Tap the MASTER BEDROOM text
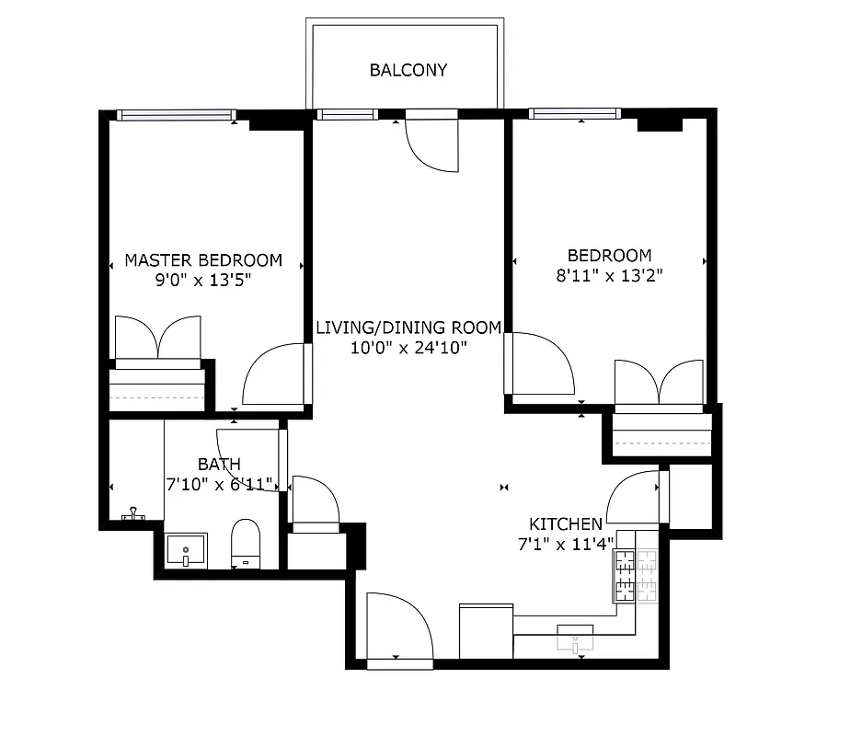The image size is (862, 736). pyautogui.click(x=203, y=260)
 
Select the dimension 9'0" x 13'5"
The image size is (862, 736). pyautogui.click(x=203, y=280)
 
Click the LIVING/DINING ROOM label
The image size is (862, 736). pyautogui.click(x=408, y=328)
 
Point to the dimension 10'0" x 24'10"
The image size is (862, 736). pyautogui.click(x=408, y=347)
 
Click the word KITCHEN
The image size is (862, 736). pyautogui.click(x=566, y=523)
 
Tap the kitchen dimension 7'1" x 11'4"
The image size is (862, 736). pyautogui.click(x=566, y=543)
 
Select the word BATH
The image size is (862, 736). pyautogui.click(x=219, y=465)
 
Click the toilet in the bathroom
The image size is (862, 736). pyautogui.click(x=246, y=544)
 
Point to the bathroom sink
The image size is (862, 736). pyautogui.click(x=186, y=550)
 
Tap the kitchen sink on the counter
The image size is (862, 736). pyautogui.click(x=576, y=637)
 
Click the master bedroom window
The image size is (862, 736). pyautogui.click(x=175, y=115)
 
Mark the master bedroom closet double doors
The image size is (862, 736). pyautogui.click(x=157, y=338)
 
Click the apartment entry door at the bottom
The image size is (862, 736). pyautogui.click(x=399, y=626)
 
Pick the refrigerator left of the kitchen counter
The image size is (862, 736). pyautogui.click(x=486, y=631)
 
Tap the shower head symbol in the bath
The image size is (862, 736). pyautogui.click(x=135, y=514)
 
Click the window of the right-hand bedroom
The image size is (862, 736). pyautogui.click(x=574, y=114)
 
